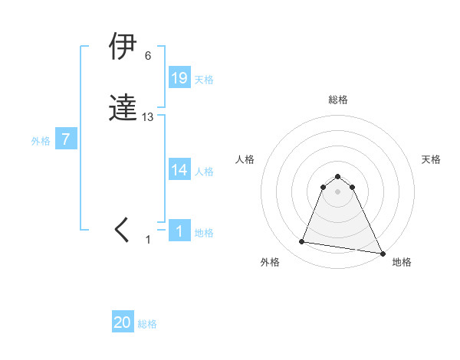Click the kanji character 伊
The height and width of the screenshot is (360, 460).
click(123, 47)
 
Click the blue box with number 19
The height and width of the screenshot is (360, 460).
click(179, 78)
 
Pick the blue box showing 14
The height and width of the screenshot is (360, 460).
click(179, 170)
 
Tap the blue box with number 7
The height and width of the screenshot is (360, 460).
click(66, 140)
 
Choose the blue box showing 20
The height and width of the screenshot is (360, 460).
click(123, 322)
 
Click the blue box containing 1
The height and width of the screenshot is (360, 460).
click(179, 231)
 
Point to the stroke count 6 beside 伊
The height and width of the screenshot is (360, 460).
click(147, 56)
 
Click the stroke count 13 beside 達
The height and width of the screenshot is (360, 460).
click(148, 117)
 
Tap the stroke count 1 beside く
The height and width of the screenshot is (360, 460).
click(148, 240)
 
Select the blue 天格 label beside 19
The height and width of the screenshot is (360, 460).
click(204, 80)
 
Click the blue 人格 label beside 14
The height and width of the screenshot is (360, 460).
click(204, 172)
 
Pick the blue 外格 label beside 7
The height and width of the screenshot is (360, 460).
click(41, 141)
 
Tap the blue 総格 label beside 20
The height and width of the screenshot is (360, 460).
click(147, 324)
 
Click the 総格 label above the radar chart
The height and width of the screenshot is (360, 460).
click(337, 100)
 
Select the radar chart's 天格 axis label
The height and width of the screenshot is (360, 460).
click(432, 159)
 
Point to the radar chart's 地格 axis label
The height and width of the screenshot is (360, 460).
click(402, 262)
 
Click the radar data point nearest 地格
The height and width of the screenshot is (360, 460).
click(383, 253)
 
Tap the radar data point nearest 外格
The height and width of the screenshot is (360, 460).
click(301, 242)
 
